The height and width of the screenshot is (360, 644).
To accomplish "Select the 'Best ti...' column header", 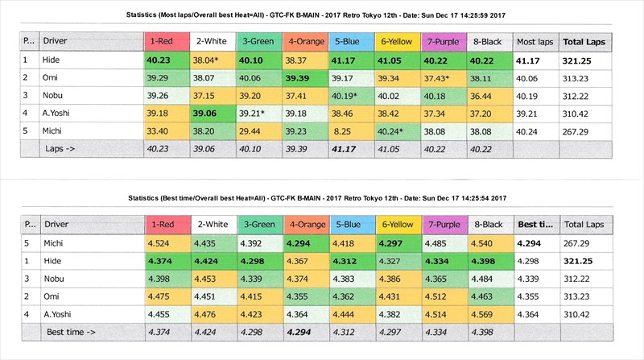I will [535, 225].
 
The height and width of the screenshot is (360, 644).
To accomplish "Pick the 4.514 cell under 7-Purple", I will [442, 313].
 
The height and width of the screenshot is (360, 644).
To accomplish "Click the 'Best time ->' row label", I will [72, 331].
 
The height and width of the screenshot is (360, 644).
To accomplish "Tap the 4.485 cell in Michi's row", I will [442, 242].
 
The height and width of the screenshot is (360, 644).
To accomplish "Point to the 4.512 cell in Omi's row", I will [442, 296].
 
